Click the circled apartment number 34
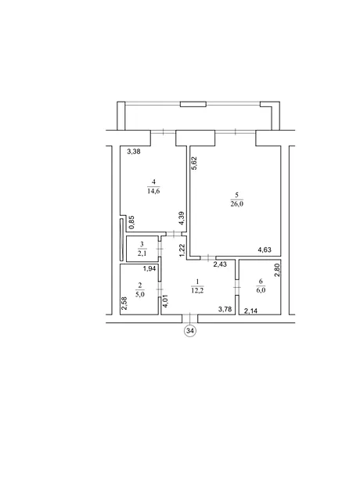coord(190,331)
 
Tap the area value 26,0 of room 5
coord(237,203)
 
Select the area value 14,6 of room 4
coord(154,191)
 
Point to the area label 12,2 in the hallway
coord(197,290)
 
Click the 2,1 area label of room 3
coord(142,253)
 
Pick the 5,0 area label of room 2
coord(140,294)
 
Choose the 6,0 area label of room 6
coord(261,290)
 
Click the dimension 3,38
coord(134,152)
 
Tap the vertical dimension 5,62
coord(194,163)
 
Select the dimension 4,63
coord(265,250)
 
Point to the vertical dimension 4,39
coord(182,218)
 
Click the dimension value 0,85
coord(131,222)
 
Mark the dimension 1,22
coord(182,250)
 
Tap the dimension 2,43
coord(220,264)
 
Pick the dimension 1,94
coord(149,269)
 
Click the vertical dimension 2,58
coord(124,304)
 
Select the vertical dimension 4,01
coord(165,300)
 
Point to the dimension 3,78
coord(225,309)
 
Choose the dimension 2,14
coord(250,311)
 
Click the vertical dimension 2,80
coord(277,268)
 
